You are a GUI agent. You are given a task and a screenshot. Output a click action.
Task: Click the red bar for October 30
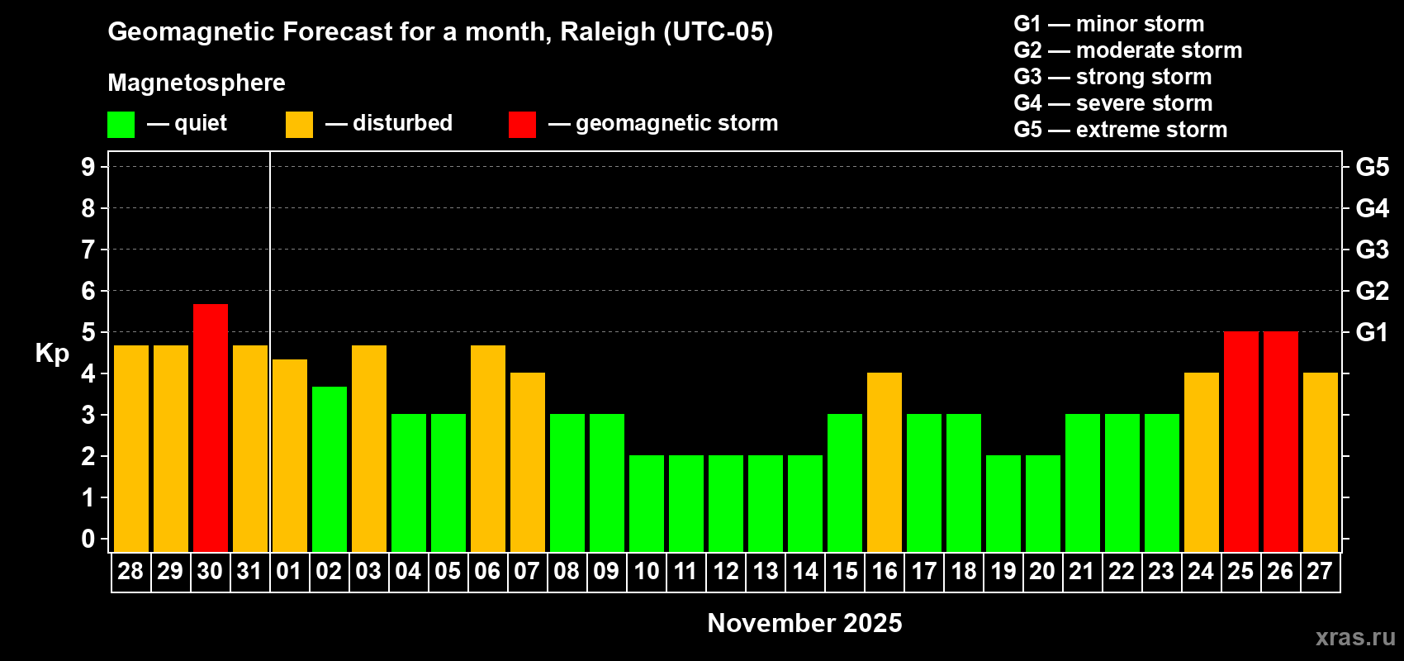coord(211,427)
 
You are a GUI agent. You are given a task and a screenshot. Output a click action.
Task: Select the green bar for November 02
coord(330,468)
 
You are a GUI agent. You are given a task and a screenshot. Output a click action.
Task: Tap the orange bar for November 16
coord(885,462)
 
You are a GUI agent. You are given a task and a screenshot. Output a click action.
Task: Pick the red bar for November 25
coord(1241,441)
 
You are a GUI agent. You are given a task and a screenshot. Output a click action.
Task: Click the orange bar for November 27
coord(1321,462)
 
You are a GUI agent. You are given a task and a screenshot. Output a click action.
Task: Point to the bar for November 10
coord(647,503)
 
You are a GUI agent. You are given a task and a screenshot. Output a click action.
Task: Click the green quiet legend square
coord(121,125)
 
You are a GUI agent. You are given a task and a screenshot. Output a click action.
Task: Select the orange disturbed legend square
coord(299,125)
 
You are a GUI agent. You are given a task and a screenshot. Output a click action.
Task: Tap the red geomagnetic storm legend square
coord(522,125)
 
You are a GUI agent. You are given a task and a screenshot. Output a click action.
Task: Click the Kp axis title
coord(52,353)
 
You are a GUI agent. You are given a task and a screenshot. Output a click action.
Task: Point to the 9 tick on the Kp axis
coord(88,167)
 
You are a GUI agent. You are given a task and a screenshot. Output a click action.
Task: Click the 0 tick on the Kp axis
coord(88,540)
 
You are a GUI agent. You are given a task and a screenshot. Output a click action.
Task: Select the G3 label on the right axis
coord(1372,250)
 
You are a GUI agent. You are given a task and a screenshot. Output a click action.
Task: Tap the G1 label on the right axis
coord(1372,332)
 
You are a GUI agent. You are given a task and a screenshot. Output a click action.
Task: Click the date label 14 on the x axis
coord(805,571)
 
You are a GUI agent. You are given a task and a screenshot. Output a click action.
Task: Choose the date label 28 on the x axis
coord(130,571)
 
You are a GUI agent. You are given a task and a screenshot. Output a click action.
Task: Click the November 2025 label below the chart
coord(804,623)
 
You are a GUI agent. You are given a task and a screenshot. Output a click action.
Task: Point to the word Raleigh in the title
coord(608,31)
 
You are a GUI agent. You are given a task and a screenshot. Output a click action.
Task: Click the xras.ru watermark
coord(1355,637)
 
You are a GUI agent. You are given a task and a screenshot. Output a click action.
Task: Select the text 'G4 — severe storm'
coord(1112,103)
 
